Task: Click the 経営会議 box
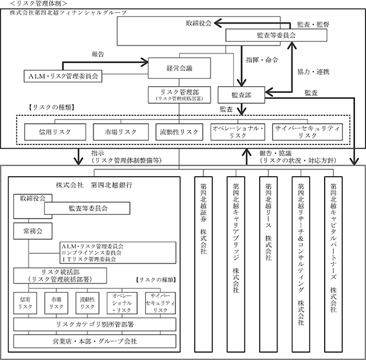click(179, 68)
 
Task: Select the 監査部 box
click(242, 95)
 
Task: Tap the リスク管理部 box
click(179, 95)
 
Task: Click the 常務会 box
click(33, 231)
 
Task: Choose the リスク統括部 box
click(60, 276)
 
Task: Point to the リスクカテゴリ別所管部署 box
click(95, 324)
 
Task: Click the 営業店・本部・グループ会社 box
click(95, 341)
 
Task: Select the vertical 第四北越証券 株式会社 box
click(203, 264)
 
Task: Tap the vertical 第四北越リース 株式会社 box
click(268, 264)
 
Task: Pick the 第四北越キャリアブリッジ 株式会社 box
click(236, 264)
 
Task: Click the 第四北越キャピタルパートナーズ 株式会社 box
click(333, 264)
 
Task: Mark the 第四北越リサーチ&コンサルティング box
click(301, 264)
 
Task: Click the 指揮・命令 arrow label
click(262, 60)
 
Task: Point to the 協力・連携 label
click(313, 72)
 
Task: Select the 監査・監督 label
click(313, 24)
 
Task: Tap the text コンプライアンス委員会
click(91, 253)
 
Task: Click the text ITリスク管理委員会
click(89, 259)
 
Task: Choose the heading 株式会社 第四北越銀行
click(94, 185)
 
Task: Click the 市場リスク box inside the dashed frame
click(121, 132)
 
